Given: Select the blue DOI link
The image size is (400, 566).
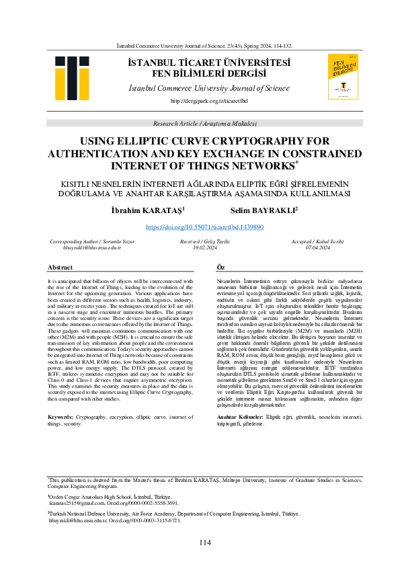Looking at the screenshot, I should [204, 228].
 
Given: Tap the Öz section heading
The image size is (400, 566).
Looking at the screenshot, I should [221, 268].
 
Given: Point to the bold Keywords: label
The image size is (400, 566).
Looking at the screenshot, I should [61, 399].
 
